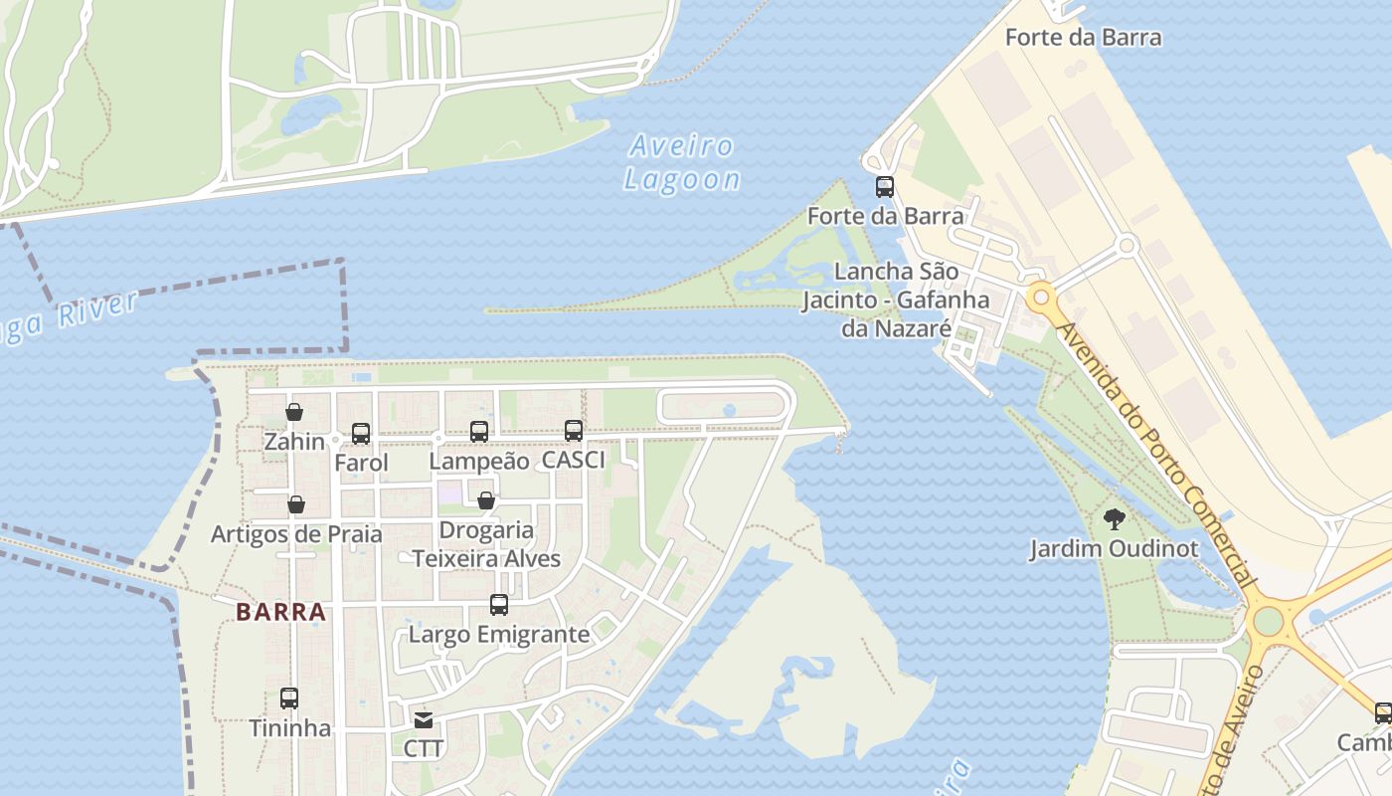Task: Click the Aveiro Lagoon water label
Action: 683,163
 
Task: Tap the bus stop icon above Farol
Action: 361,434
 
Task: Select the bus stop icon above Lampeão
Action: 479,432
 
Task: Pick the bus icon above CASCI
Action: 574,431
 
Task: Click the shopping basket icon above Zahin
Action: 294,412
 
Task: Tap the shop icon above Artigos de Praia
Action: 296,504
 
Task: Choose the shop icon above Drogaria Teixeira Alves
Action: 486,500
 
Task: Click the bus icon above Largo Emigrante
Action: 499,605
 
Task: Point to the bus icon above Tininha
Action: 289,698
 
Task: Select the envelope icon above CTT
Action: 424,719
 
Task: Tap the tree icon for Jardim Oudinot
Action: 1115,518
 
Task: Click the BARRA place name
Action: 281,612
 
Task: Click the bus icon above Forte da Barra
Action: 885,187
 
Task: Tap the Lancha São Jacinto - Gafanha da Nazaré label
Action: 897,299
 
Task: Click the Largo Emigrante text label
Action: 499,635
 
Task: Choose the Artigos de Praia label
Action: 296,534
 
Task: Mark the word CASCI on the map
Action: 574,461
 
